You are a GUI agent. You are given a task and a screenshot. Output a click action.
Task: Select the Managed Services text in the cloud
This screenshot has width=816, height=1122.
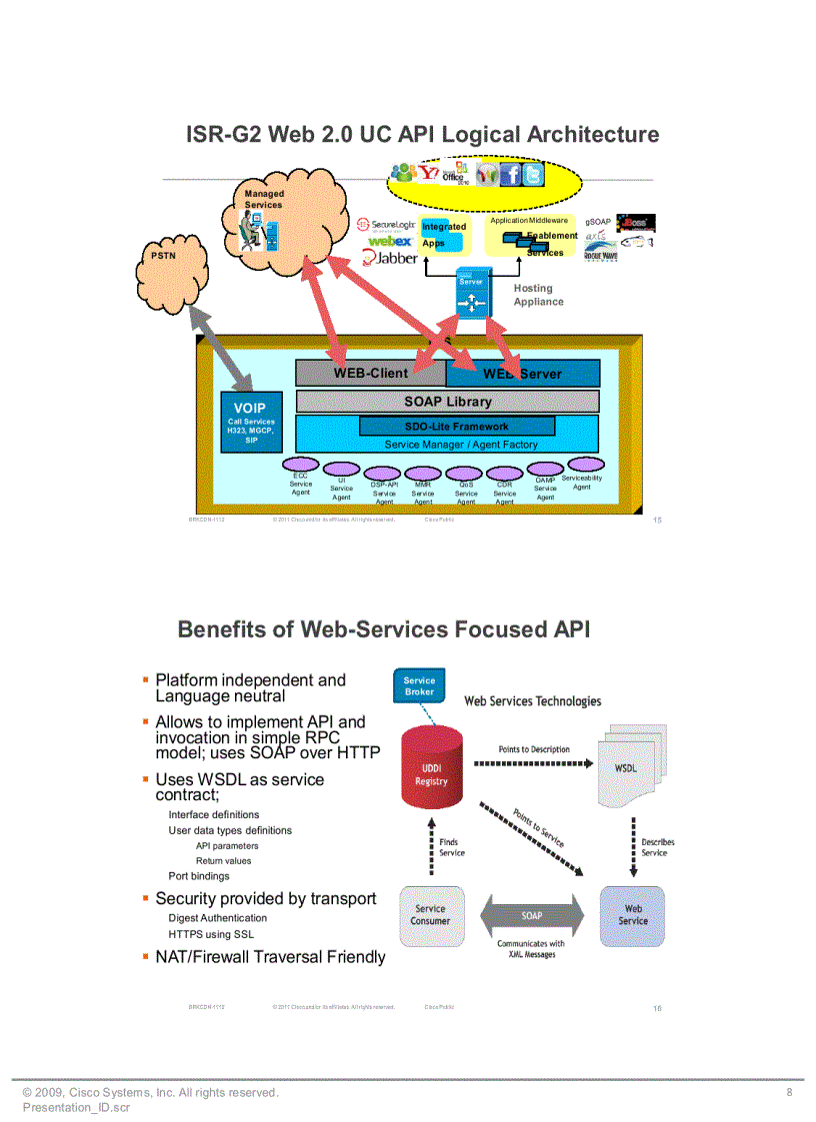pos(264,199)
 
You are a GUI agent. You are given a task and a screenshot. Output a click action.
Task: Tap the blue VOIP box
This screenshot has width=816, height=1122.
pos(251,422)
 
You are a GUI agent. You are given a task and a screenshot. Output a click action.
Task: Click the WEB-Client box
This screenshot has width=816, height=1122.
pos(370,373)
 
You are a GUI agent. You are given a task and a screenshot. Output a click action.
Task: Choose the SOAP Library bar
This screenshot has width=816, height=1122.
pos(447,402)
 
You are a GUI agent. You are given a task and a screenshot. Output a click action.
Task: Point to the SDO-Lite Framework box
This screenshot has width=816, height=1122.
pos(456,427)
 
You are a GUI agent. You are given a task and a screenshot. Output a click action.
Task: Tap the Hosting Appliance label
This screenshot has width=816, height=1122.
pos(538,295)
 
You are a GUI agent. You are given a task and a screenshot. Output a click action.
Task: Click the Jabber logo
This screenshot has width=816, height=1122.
pos(390,258)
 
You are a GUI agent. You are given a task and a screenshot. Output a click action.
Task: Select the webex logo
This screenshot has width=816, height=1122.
pos(390,241)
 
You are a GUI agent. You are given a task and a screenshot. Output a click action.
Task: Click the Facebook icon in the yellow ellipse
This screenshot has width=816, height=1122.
pos(509,176)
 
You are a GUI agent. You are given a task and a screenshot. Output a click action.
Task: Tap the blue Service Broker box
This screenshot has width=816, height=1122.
pos(419,686)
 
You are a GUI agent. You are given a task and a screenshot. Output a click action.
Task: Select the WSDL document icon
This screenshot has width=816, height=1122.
pos(626,768)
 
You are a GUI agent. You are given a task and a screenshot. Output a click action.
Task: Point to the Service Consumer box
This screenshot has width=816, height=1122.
pos(432,914)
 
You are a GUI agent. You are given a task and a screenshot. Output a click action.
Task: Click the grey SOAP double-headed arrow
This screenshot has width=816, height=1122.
pos(531,915)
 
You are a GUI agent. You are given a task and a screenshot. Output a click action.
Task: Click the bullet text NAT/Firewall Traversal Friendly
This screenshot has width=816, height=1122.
pos(270,957)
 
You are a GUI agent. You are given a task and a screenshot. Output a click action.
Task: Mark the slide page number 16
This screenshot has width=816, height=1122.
pos(657,1008)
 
